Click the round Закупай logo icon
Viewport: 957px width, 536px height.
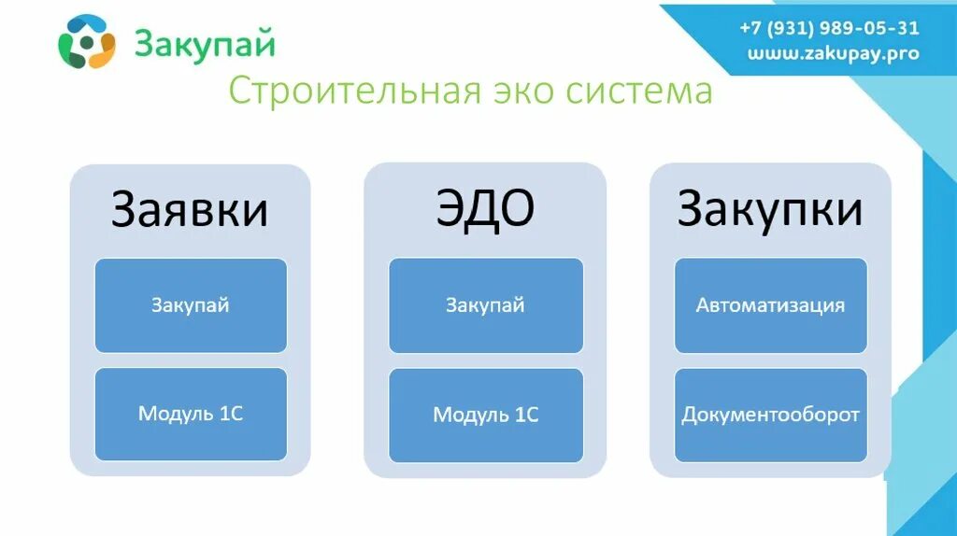coord(86,42)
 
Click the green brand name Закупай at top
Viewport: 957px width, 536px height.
coord(205,43)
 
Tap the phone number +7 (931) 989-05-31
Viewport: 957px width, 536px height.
coord(829,29)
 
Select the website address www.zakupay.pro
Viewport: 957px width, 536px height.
coord(833,53)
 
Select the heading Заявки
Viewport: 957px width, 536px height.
coord(190,209)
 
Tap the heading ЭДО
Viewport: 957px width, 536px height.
coord(485,209)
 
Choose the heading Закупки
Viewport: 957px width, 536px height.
coord(769,209)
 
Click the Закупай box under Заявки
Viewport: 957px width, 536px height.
coord(191,305)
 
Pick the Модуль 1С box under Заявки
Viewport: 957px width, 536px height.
coord(191,414)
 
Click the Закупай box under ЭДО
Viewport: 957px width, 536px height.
coord(485,305)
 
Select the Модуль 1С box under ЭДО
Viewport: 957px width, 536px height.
coord(485,415)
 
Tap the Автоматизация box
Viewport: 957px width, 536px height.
coord(770,305)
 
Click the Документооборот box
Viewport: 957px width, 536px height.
coord(770,415)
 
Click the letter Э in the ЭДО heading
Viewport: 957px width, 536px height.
coord(450,209)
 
